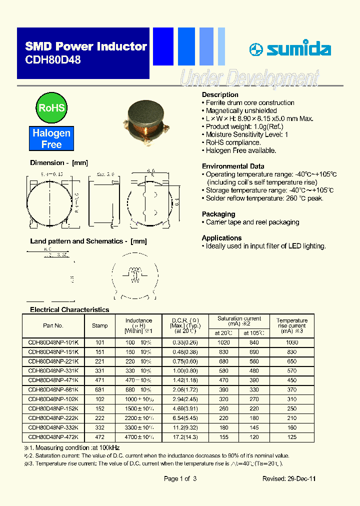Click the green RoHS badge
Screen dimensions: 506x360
(x=51, y=107)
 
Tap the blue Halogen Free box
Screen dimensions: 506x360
(x=51, y=138)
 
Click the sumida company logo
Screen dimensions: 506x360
(x=290, y=49)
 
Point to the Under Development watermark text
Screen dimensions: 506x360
(x=249, y=78)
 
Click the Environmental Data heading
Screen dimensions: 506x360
(x=233, y=166)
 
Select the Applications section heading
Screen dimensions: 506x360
(x=221, y=238)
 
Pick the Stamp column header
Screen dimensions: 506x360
(x=99, y=325)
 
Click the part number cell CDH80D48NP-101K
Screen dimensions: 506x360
(x=53, y=342)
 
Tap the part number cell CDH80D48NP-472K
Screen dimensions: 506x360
(x=53, y=437)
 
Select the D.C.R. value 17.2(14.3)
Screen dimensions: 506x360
(x=185, y=437)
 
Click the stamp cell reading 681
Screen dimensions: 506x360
(x=99, y=389)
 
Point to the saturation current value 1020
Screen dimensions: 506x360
(x=224, y=342)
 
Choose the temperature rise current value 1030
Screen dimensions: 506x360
(x=292, y=342)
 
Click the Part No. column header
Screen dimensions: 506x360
(x=53, y=325)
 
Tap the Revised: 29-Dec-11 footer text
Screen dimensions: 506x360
(x=289, y=478)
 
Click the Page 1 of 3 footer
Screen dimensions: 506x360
(x=180, y=478)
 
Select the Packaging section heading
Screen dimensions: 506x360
(x=218, y=214)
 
